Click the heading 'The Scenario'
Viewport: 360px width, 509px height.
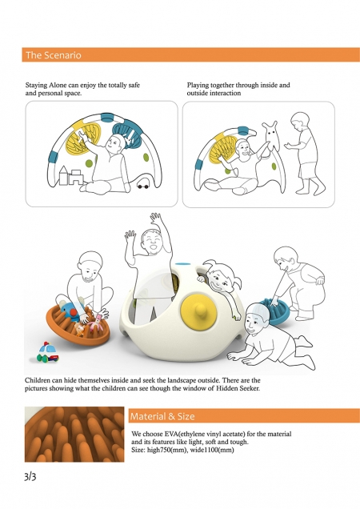coord(54,55)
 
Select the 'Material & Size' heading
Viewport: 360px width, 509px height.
coord(162,416)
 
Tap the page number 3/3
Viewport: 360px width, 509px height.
coord(30,476)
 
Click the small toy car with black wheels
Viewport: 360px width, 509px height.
coord(143,184)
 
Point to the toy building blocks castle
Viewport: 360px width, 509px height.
coord(70,176)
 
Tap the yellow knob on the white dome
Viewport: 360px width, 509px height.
coord(198,312)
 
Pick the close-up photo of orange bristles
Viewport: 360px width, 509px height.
coord(74,434)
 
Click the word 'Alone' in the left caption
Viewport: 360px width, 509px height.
coord(58,86)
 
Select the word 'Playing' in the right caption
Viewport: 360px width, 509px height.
coord(198,86)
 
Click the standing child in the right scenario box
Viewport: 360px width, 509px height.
coord(305,153)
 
